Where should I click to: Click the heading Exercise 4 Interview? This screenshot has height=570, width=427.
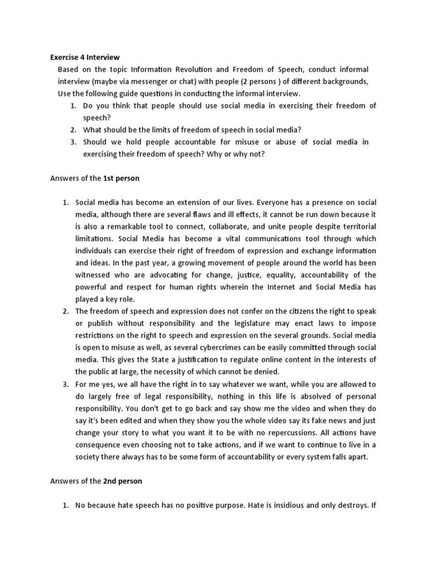pyautogui.click(x=85, y=57)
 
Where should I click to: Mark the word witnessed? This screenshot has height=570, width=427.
pyautogui.click(x=93, y=275)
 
